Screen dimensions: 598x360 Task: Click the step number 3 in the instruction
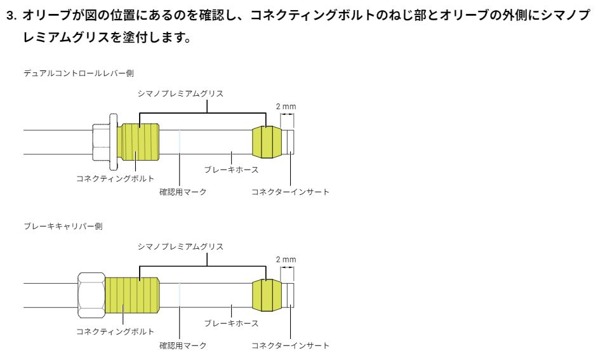click(x=11, y=16)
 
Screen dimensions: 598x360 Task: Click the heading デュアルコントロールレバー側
click(x=79, y=73)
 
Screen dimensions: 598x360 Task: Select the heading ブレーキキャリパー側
click(x=63, y=226)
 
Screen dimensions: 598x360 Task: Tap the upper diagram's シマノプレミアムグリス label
click(x=180, y=93)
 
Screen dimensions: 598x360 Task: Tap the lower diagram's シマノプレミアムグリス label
click(x=180, y=247)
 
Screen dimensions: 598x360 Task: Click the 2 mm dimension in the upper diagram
click(x=286, y=107)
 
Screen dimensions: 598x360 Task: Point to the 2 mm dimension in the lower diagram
click(x=286, y=259)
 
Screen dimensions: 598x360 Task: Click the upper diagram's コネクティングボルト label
click(x=115, y=178)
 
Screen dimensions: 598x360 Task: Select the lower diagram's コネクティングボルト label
click(x=115, y=332)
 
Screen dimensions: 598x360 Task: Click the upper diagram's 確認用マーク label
click(x=183, y=192)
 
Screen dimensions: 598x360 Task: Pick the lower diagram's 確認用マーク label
click(x=183, y=345)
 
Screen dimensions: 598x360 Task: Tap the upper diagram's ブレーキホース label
click(x=231, y=170)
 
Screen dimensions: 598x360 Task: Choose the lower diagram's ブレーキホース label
click(x=231, y=323)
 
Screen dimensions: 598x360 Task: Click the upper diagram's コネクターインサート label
click(x=290, y=192)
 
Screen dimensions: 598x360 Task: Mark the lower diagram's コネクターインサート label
click(x=290, y=345)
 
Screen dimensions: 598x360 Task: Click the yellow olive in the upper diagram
click(x=267, y=142)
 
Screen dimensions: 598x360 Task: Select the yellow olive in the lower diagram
click(x=267, y=295)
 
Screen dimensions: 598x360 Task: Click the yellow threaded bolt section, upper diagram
click(x=138, y=142)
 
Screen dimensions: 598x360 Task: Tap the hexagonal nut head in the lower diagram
click(x=91, y=295)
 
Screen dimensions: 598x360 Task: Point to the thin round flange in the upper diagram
click(x=113, y=142)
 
